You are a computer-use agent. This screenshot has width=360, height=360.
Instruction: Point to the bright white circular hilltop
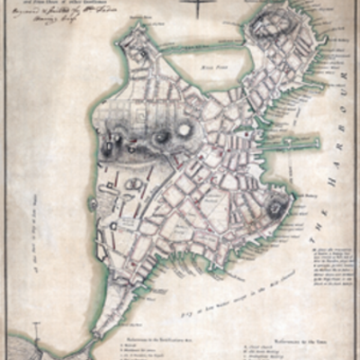(185, 130)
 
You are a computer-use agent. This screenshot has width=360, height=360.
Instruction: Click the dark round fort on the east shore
(277, 209)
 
